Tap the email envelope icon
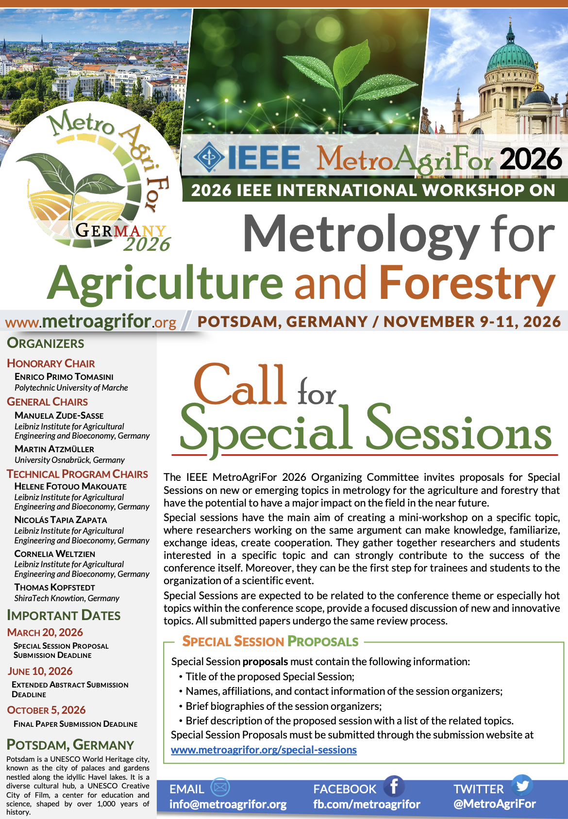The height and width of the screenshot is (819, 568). (x=220, y=786)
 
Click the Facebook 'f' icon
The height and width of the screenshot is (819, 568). (x=393, y=786)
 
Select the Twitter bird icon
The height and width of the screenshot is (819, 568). (x=522, y=785)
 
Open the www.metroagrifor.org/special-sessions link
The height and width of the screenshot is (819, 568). (x=264, y=750)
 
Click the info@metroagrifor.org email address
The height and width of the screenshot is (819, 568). (x=228, y=804)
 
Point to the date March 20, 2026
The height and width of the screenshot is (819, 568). (x=45, y=632)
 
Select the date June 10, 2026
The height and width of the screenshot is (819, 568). (x=40, y=671)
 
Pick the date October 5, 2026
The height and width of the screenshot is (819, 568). (x=47, y=710)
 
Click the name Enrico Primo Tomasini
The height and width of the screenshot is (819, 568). (x=64, y=377)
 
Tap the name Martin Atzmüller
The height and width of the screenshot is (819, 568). (x=54, y=449)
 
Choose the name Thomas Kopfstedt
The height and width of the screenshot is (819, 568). (x=55, y=587)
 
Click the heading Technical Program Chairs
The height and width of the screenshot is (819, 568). (x=78, y=474)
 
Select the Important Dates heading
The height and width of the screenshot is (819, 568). (x=64, y=615)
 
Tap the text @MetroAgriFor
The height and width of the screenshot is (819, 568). (x=494, y=803)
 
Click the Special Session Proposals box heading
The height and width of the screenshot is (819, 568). (x=270, y=641)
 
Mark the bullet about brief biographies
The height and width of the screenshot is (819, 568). (x=284, y=706)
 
